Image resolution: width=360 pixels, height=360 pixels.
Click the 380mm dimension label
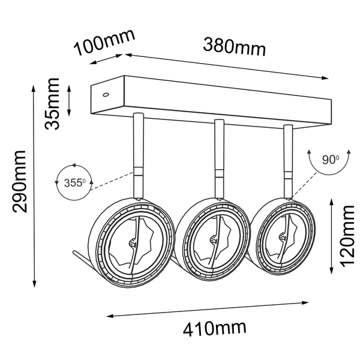coord(234,46)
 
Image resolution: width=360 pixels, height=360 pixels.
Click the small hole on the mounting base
coord(105,94)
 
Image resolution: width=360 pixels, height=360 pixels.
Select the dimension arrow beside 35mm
coord(70,101)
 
